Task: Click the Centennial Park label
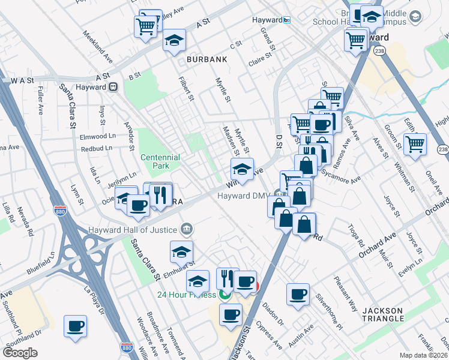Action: pyautogui.click(x=160, y=161)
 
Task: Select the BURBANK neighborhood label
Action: pyautogui.click(x=206, y=60)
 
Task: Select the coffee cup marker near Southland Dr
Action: pyautogui.click(x=76, y=326)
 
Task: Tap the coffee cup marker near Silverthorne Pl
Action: pyautogui.click(x=298, y=294)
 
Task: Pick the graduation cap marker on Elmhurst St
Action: pyautogui.click(x=181, y=252)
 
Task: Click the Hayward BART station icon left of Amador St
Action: pyautogui.click(x=113, y=86)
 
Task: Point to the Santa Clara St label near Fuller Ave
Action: pyautogui.click(x=68, y=106)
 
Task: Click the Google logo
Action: pyautogui.click(x=20, y=353)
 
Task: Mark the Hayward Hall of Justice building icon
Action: pyautogui.click(x=187, y=229)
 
